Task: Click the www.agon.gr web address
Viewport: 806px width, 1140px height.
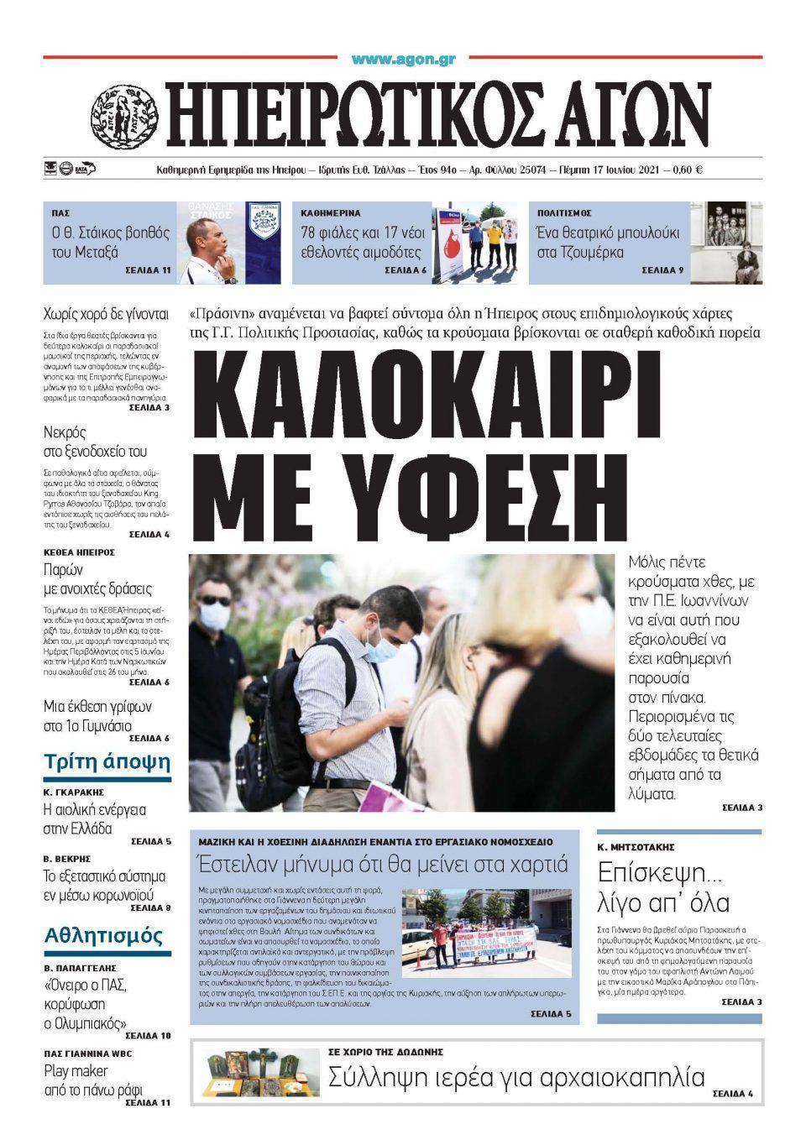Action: [x=403, y=59]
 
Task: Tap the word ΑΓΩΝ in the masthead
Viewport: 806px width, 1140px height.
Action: [x=625, y=115]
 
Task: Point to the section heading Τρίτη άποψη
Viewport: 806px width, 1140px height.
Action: [x=107, y=762]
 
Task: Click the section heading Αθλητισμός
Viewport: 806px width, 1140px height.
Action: [x=103, y=934]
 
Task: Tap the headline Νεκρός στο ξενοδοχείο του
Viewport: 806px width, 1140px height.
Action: [x=95, y=442]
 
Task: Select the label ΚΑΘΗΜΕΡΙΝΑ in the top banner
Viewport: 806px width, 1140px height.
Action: [x=336, y=213]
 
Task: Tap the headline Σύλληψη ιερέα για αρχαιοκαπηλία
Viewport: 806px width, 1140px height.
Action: [x=516, y=1076]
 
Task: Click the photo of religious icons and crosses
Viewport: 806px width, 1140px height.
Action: [x=259, y=1075]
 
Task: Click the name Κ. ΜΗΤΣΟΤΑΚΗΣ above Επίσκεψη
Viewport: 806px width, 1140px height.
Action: [x=636, y=847]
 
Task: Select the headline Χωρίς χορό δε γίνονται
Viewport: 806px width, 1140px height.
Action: [x=106, y=315]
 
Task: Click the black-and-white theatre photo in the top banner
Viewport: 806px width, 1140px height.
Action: [x=726, y=243]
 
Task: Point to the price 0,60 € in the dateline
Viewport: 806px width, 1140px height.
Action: [x=687, y=170]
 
